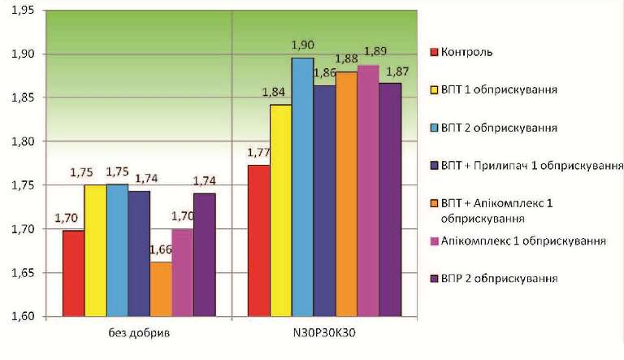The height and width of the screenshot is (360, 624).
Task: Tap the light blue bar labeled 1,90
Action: click(302, 187)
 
